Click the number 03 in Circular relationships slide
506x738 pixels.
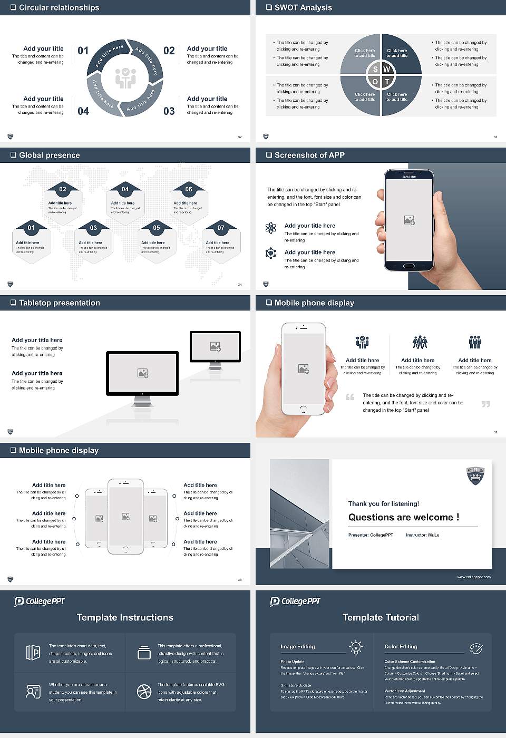(169, 111)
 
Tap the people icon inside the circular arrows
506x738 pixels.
(125, 77)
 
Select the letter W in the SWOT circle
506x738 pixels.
(387, 69)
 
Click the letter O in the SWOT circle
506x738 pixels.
(375, 82)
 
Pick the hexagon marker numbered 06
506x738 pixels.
(189, 189)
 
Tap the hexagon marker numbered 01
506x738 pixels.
(31, 228)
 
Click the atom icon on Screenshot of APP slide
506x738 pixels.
(271, 228)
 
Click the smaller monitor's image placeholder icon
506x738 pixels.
(215, 346)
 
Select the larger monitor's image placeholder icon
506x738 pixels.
(142, 373)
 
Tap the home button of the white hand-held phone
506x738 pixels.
(303, 409)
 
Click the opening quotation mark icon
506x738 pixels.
(349, 397)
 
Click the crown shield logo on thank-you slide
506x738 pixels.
(475, 475)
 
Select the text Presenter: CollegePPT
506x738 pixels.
(371, 535)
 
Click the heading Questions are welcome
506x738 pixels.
(403, 517)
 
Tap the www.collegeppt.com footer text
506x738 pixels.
(473, 577)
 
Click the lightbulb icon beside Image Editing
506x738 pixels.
(356, 647)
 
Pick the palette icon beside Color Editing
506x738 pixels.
(475, 648)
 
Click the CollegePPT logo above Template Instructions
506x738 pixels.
(40, 601)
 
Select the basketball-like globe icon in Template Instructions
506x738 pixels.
(144, 691)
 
